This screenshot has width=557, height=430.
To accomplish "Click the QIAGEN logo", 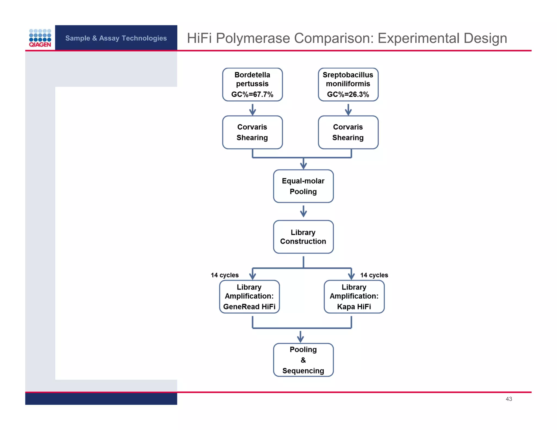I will point(40,38).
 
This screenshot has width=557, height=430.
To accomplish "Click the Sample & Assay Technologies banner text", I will point(116,38).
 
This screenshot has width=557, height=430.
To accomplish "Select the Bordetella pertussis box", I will point(252,84).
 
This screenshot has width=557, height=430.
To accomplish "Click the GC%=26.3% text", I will point(348,94).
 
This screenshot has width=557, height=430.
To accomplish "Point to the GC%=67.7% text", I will point(252,94).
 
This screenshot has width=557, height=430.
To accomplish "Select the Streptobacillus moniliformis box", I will point(348,84).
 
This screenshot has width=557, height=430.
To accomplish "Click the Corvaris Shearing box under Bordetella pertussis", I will point(252,132).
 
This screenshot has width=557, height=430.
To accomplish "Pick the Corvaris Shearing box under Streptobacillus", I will point(348,132).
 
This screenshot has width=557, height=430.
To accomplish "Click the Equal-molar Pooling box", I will point(303,186).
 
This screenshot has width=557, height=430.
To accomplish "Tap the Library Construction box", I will point(303,237).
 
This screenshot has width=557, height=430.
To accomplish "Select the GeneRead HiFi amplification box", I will point(249,297).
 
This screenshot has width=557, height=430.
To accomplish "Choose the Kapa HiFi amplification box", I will point(354,297).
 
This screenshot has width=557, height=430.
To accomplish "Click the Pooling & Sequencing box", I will point(303,360).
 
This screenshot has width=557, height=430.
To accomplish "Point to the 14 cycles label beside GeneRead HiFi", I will point(225,275).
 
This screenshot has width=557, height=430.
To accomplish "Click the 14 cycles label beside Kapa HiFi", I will point(374,275).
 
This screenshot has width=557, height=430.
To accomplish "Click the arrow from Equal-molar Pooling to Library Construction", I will point(303,211).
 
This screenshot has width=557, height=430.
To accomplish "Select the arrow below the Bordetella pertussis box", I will point(252,110).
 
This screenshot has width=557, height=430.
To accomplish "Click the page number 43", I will point(509,399).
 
